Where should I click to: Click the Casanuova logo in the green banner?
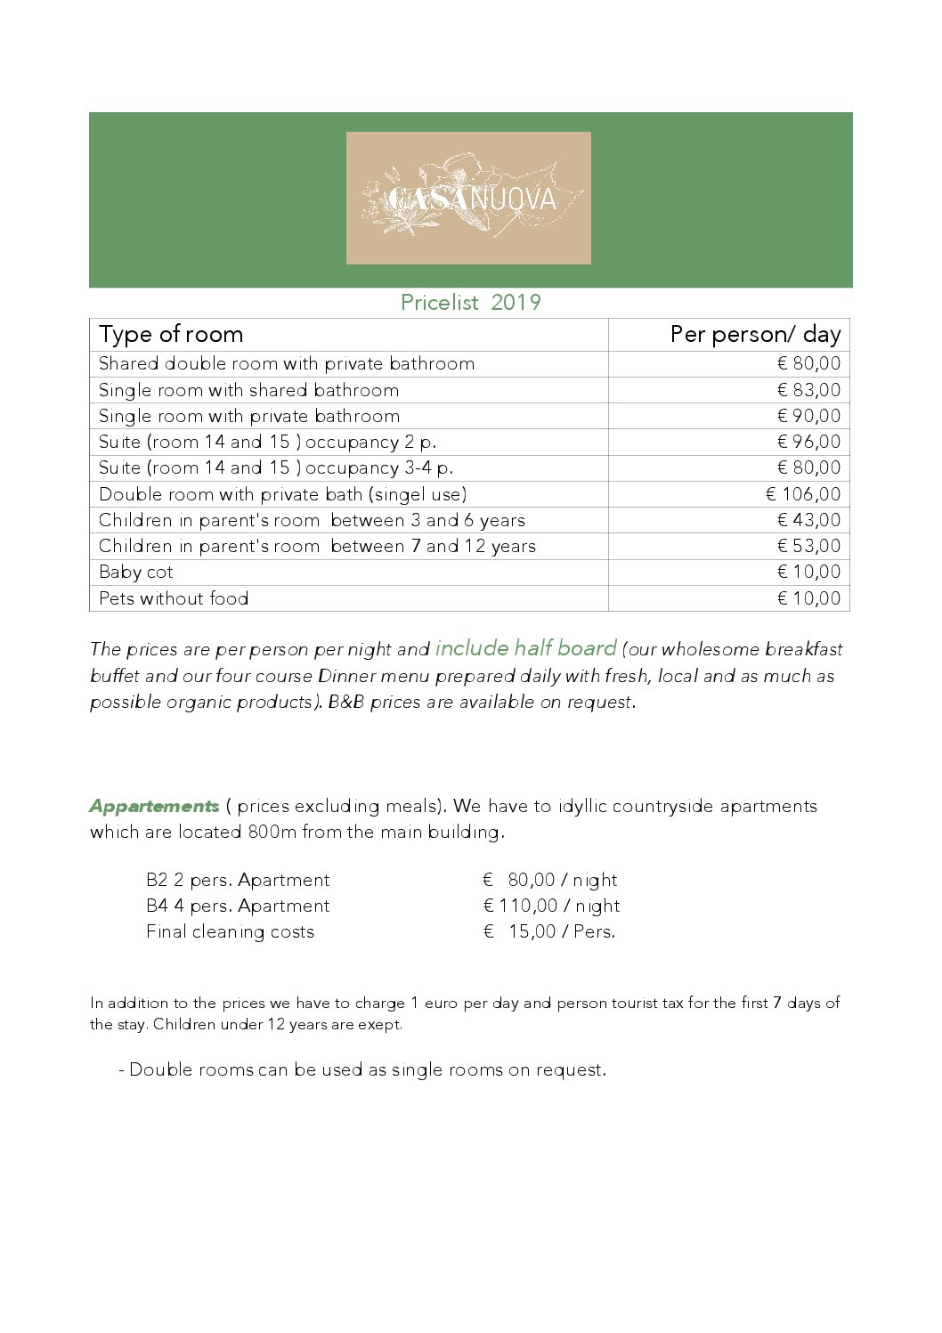tap(468, 198)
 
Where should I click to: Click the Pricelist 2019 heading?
tap(470, 303)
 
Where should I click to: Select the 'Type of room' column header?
tap(171, 335)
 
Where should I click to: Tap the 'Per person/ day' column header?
tap(755, 335)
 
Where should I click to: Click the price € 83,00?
tap(808, 390)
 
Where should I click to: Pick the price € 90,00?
tap(808, 416)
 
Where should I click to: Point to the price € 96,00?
tap(808, 442)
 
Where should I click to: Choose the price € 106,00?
tap(803, 494)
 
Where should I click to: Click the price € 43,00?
tap(808, 520)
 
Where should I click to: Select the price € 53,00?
tap(808, 546)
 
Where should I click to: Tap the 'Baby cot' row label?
tap(136, 572)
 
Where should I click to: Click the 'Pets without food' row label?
tap(174, 598)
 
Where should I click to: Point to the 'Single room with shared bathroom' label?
tap(248, 390)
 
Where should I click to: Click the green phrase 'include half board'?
tap(525, 648)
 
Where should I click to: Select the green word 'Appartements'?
tap(154, 806)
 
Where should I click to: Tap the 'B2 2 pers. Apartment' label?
tap(238, 880)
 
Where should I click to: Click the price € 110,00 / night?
tap(551, 906)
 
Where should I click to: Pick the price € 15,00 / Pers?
tap(549, 931)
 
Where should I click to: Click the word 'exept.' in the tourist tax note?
tap(380, 1024)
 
